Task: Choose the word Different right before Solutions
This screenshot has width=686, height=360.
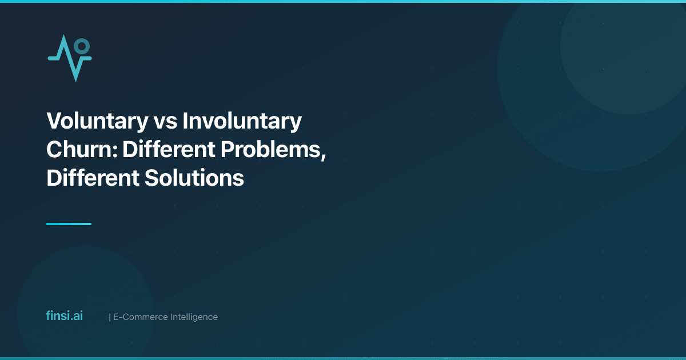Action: (91, 178)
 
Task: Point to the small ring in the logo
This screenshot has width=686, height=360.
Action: (82, 45)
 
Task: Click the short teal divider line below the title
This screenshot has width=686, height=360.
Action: (69, 224)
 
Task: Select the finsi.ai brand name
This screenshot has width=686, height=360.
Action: (64, 316)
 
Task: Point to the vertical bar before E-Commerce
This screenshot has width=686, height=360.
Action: (110, 317)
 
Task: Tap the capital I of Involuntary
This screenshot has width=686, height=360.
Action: (186, 121)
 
